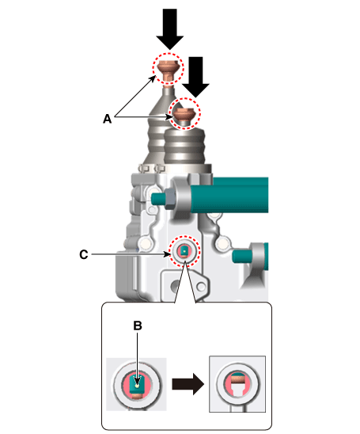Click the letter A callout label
(108, 119)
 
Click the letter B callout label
(138, 325)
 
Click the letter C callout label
(84, 255)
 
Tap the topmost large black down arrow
(170, 29)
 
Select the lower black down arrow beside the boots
(195, 77)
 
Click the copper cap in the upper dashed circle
(168, 70)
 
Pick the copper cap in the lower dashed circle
(184, 114)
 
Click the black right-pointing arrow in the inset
(188, 384)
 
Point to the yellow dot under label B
(138, 386)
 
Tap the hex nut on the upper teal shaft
(169, 198)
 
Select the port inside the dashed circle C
(184, 251)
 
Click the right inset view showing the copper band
(237, 384)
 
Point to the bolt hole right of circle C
(222, 244)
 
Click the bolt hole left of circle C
(145, 244)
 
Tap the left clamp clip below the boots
(144, 168)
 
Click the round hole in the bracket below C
(175, 285)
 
